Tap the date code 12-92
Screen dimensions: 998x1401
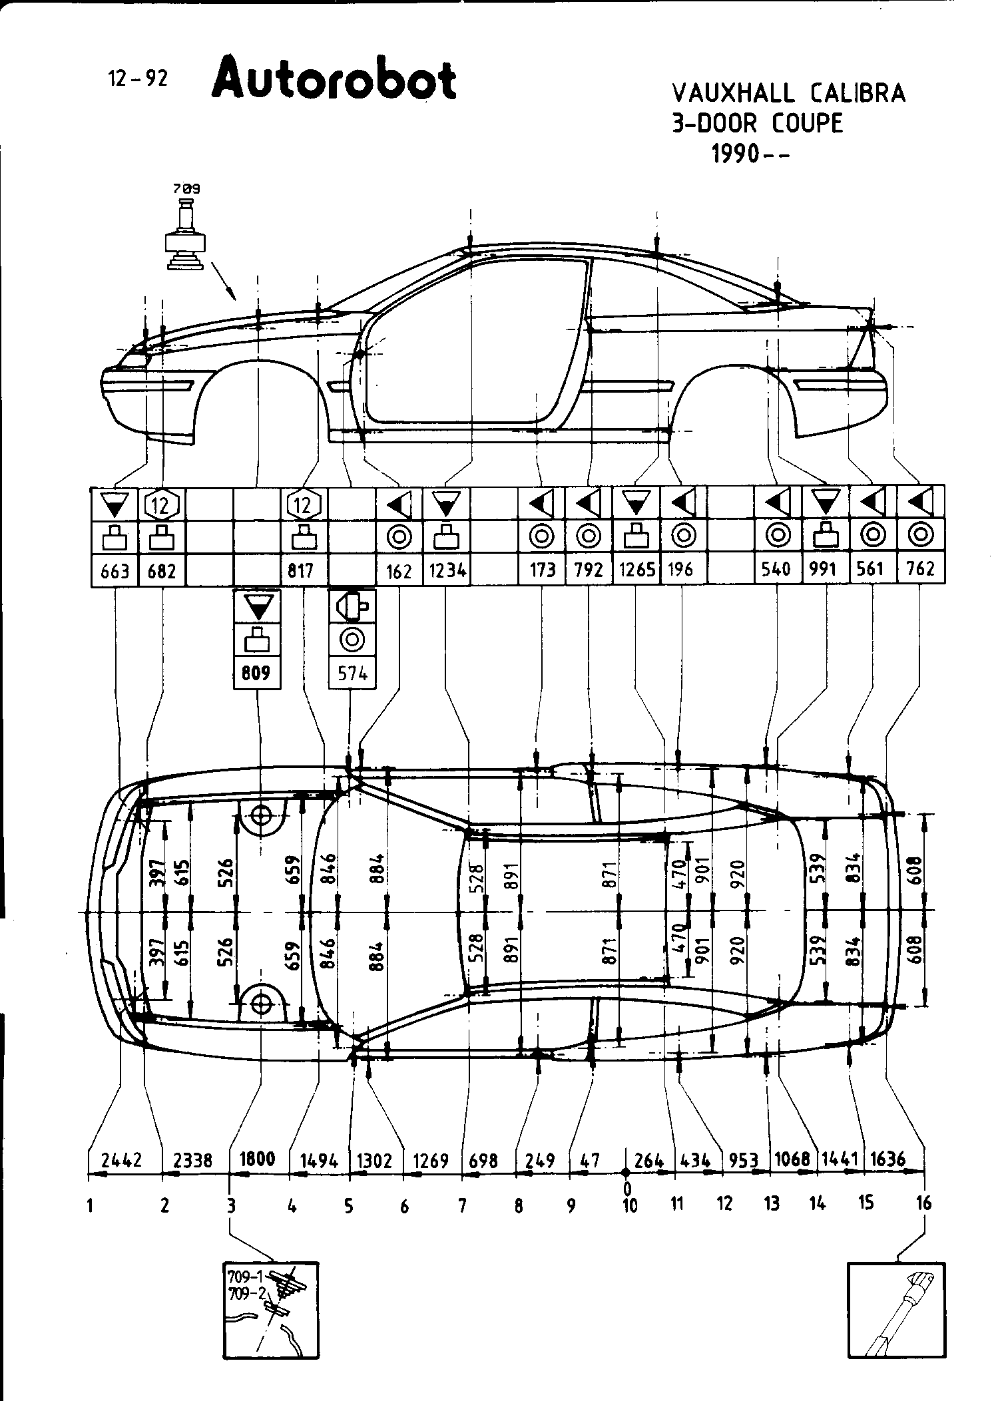138,79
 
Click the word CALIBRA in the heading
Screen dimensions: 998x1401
858,93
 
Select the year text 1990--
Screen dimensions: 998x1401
750,154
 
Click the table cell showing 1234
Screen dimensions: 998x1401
447,570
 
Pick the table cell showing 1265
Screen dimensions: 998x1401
636,570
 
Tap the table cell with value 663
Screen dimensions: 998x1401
115,571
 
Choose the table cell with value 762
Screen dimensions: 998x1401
921,569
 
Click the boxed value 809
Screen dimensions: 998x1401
256,674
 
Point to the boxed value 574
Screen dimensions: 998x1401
352,674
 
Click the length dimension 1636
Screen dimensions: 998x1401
887,1159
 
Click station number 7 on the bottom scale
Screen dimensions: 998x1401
462,1205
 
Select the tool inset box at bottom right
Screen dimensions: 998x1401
896,1310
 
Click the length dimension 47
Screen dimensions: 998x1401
591,1160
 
